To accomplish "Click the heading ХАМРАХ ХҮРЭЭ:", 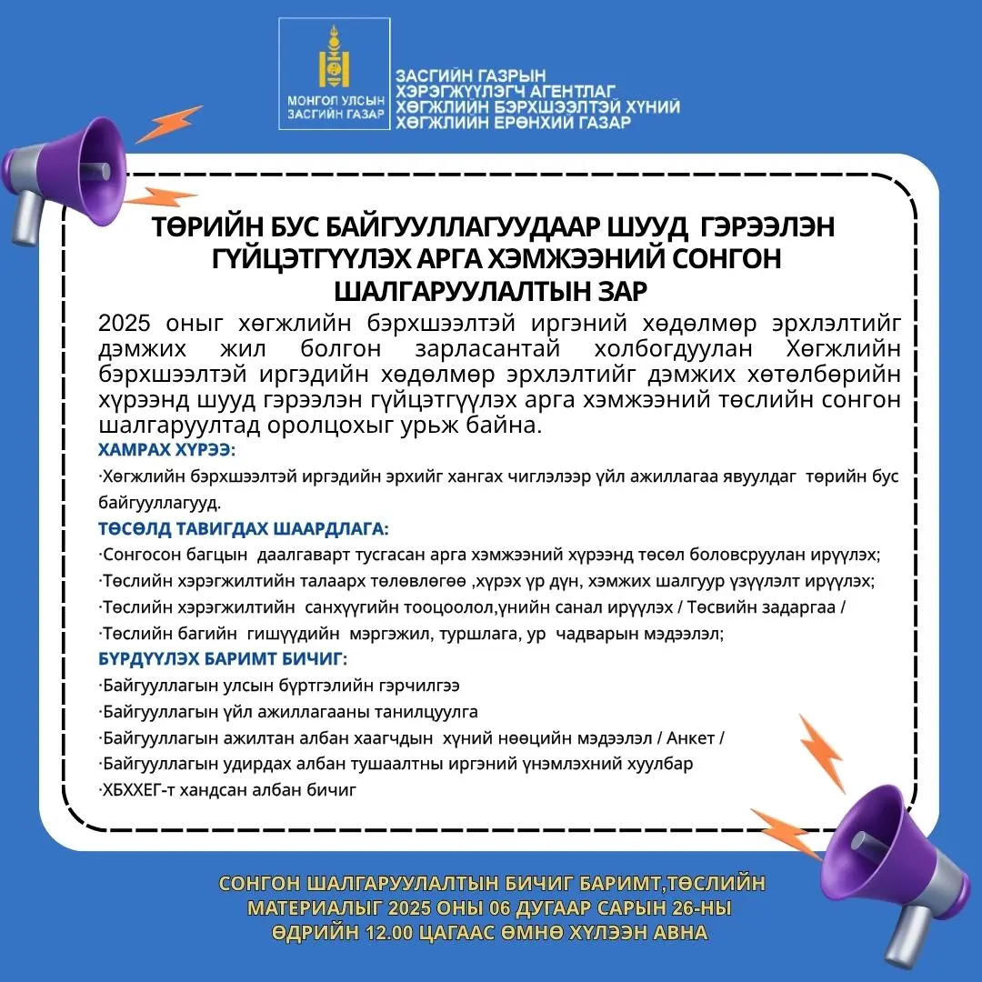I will coord(165,450).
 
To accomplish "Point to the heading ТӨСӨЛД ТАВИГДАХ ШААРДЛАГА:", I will coord(243,528).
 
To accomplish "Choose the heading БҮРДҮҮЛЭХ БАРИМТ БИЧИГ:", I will coord(223,659).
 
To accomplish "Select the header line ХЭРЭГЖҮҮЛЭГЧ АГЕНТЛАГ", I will coord(506,91).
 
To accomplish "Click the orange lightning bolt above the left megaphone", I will coord(170,123).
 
